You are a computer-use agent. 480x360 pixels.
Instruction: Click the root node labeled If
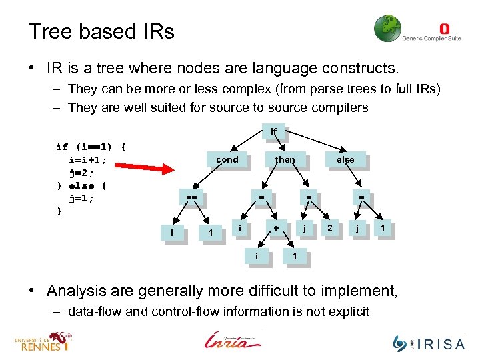click(273, 131)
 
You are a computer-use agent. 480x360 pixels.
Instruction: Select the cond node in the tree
click(227, 160)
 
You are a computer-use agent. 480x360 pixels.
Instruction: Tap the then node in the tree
click(285, 160)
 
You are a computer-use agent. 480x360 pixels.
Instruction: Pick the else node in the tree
click(345, 160)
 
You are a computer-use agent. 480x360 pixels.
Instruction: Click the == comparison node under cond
click(193, 198)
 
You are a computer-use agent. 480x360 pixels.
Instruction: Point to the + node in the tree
click(275, 228)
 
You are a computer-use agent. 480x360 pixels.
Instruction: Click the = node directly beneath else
click(362, 198)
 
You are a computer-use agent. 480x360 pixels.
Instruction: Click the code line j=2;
click(83, 172)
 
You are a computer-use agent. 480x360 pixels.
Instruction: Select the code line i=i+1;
click(92, 159)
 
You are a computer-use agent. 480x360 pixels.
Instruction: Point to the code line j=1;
click(83, 198)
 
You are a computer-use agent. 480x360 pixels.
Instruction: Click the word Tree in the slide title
click(49, 31)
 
